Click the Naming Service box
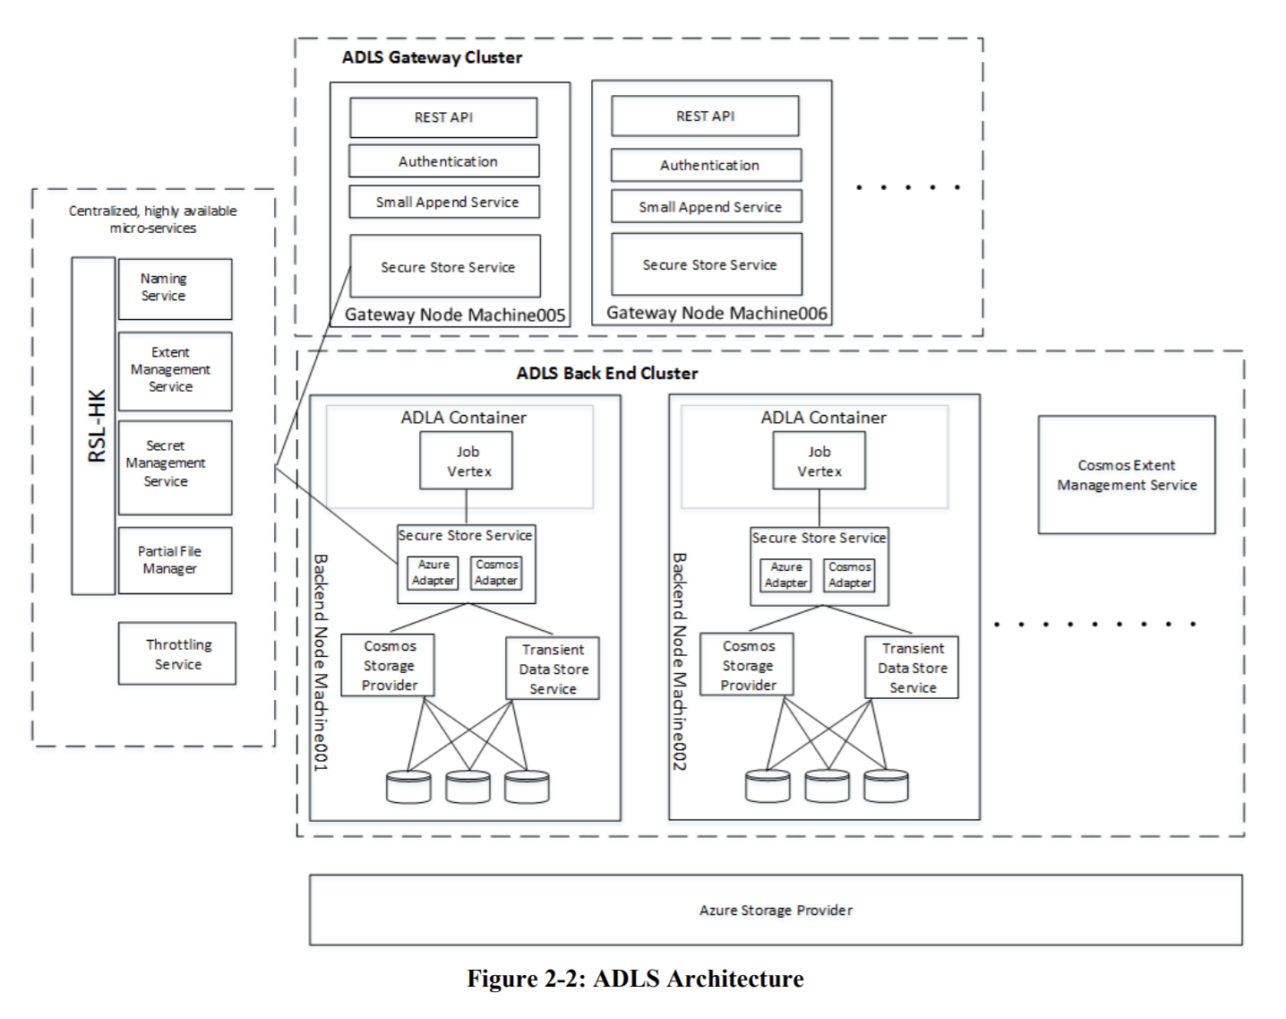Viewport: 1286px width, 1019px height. tap(175, 289)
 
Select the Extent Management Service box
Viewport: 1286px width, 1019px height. tap(175, 371)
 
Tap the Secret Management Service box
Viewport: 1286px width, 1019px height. tap(175, 467)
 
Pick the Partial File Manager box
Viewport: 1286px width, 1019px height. tap(175, 560)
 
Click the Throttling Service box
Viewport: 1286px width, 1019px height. tap(177, 654)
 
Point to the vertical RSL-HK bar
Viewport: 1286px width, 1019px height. tap(94, 426)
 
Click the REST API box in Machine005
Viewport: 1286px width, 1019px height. tap(443, 117)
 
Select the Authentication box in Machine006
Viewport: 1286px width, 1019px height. tap(707, 166)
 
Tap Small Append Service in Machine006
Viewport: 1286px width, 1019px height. tap(707, 207)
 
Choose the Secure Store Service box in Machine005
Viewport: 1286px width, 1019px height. tap(445, 267)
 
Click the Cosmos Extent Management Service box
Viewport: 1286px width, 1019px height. tap(1127, 475)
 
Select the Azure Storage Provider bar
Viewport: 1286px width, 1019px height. tap(776, 910)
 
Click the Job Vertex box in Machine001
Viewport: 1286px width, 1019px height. tap(467, 462)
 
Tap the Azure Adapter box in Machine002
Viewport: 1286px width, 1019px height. tap(785, 575)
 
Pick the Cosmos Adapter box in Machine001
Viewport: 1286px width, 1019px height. tap(496, 573)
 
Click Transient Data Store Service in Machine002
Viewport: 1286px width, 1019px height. tap(912, 668)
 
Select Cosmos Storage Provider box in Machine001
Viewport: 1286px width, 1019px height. tap(389, 666)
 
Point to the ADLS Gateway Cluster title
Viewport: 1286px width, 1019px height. tap(432, 57)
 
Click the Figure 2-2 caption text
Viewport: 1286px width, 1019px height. tap(635, 979)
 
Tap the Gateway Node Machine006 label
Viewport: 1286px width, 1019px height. tap(716, 313)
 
